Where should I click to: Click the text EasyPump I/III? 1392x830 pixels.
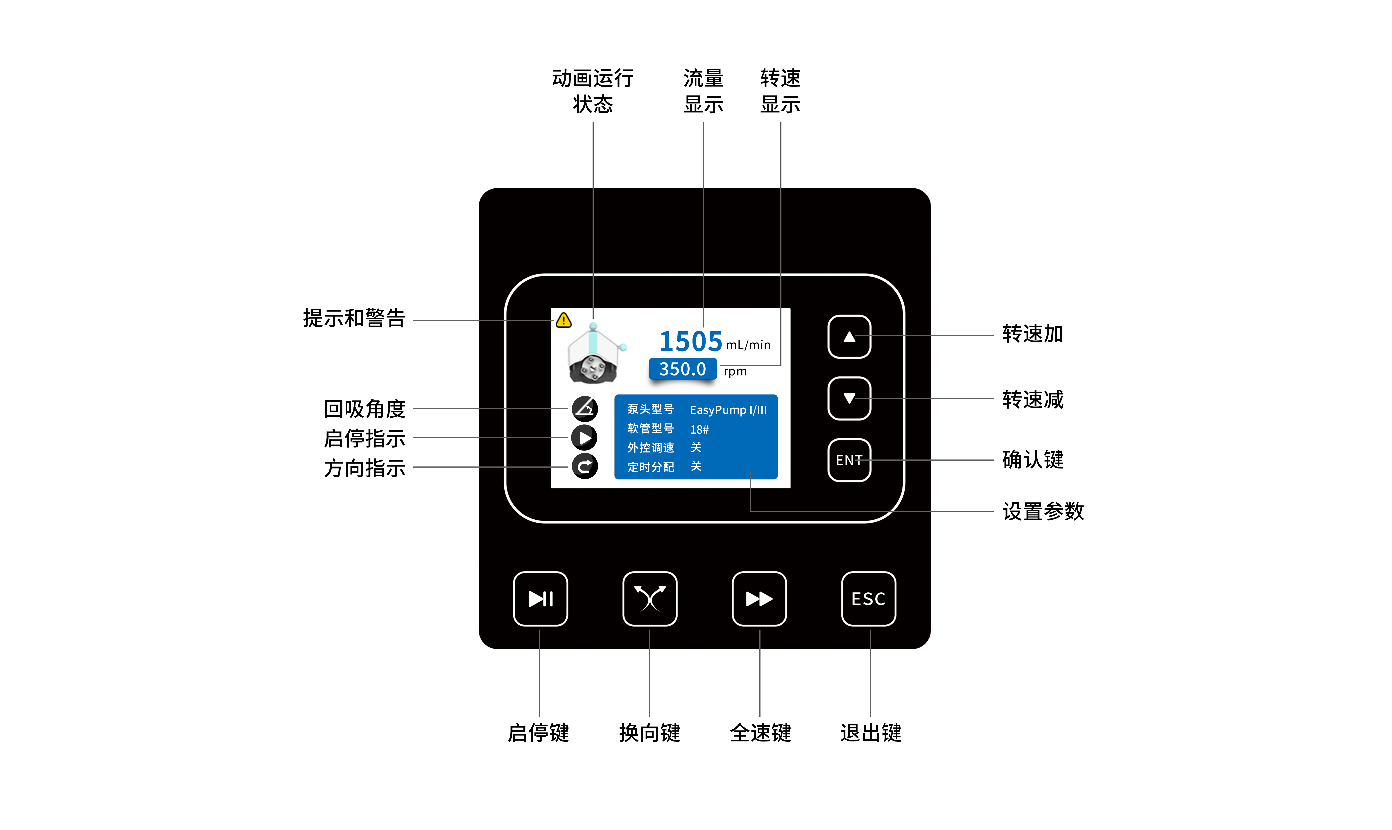click(728, 410)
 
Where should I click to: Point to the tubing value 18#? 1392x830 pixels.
click(699, 430)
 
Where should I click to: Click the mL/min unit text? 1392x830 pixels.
click(748, 345)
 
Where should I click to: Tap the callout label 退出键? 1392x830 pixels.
click(870, 733)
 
